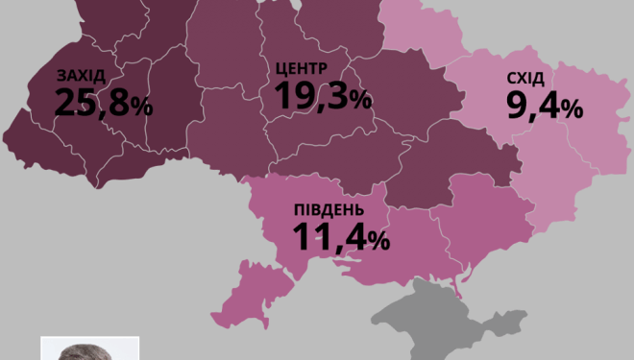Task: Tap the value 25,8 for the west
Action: (91, 103)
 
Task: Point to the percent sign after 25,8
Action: (141, 107)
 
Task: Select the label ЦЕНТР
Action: (301, 69)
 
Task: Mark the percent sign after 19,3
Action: (361, 99)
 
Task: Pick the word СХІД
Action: (526, 79)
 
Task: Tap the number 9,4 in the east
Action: (533, 106)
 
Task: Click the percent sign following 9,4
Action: (573, 109)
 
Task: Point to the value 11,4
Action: (328, 236)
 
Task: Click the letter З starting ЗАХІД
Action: (62, 77)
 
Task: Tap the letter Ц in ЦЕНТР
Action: (280, 69)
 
